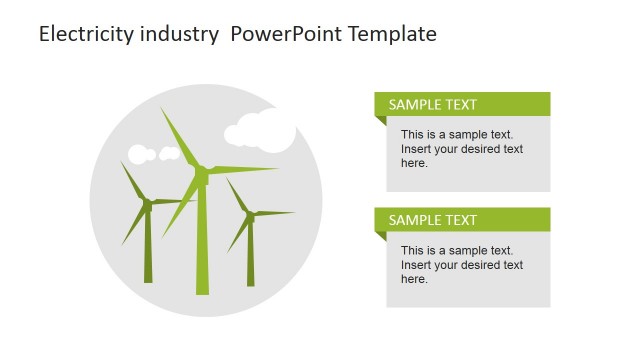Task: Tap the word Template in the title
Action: pyautogui.click(x=388, y=34)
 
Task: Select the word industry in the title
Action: pyautogui.click(x=180, y=34)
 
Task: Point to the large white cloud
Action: pyautogui.click(x=262, y=132)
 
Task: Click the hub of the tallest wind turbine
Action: pyautogui.click(x=202, y=174)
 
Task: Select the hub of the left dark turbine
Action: pyautogui.click(x=147, y=204)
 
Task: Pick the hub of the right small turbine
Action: pyautogui.click(x=250, y=214)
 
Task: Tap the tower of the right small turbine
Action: pyautogui.click(x=251, y=254)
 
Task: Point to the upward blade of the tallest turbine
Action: pyautogui.click(x=180, y=138)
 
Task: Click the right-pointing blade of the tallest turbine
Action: pyautogui.click(x=245, y=170)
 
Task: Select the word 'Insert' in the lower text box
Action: pyautogui.click(x=417, y=265)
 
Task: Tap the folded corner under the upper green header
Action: pyautogui.click(x=381, y=121)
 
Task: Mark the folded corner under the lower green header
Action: pyautogui.click(x=381, y=237)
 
